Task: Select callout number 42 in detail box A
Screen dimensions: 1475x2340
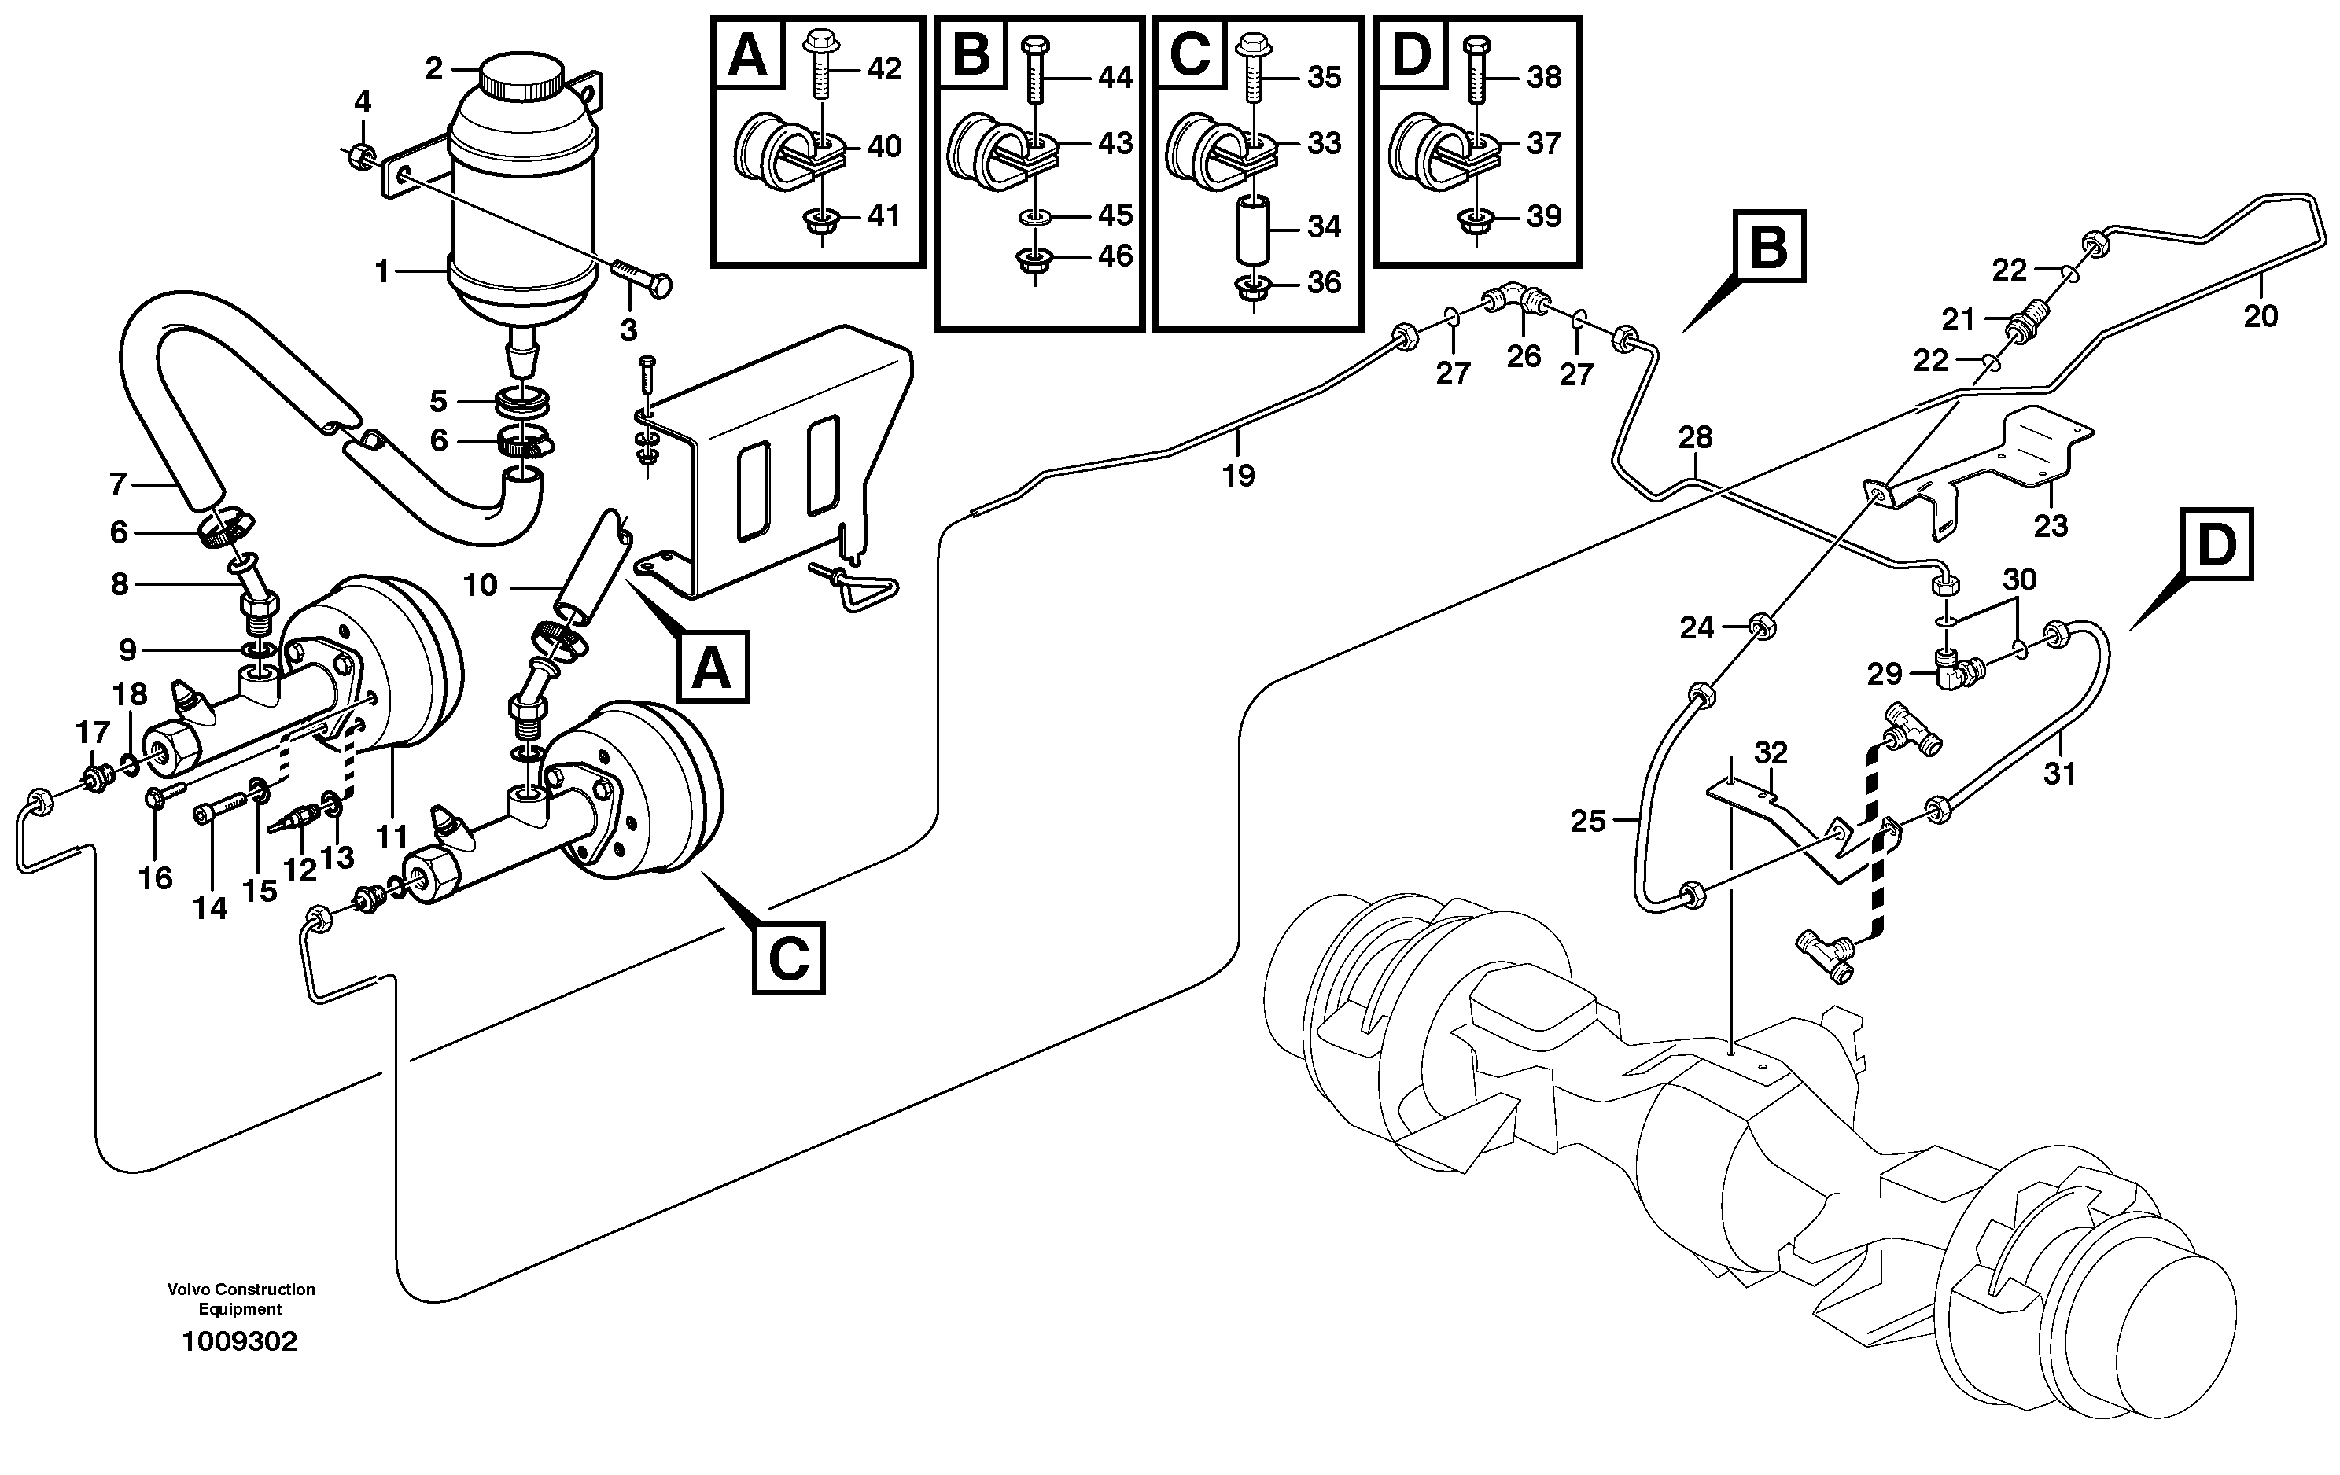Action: coord(883,69)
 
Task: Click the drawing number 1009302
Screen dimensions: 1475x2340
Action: coord(240,1342)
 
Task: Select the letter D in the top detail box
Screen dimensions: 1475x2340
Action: coord(1412,53)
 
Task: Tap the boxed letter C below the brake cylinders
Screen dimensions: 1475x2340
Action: coord(788,959)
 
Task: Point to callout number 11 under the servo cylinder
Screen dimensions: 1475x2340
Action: coord(392,836)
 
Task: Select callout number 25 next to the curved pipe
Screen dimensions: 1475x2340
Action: coord(1588,822)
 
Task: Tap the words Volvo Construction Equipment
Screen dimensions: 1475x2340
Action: coord(240,1298)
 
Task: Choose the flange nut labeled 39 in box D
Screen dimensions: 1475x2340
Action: coord(1475,219)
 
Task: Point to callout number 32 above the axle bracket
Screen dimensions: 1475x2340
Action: coord(1771,752)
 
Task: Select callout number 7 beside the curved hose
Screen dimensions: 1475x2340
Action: coord(119,483)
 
